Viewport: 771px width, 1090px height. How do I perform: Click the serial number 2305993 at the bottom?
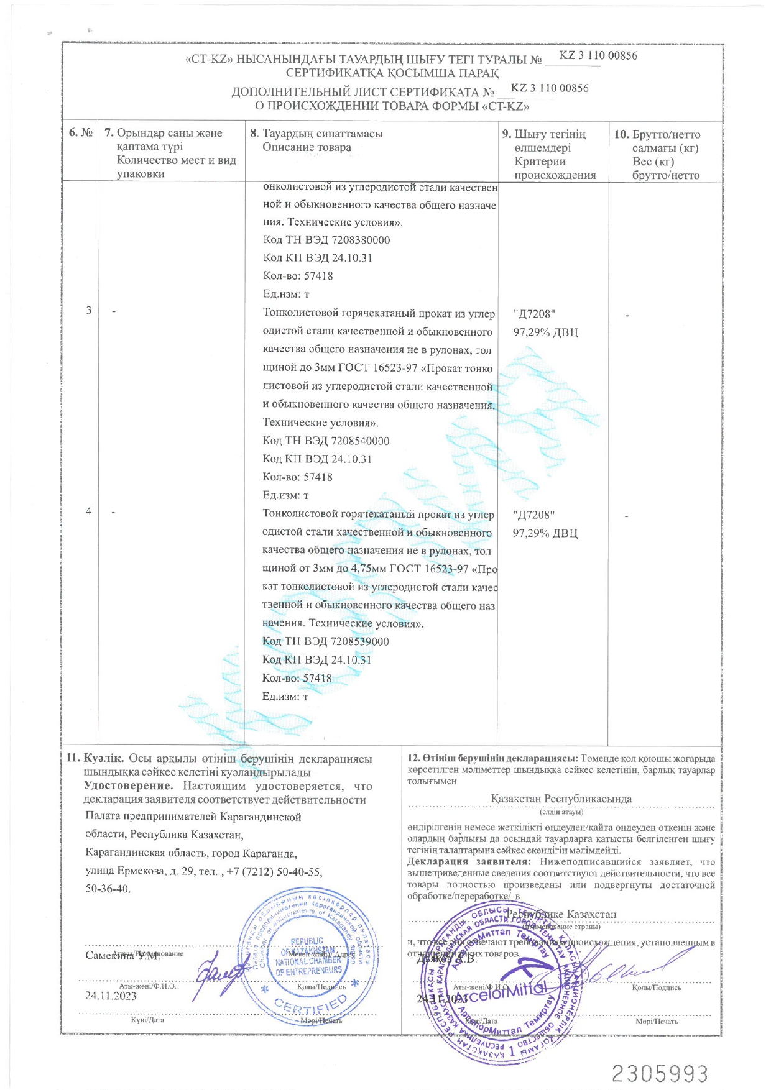click(660, 1073)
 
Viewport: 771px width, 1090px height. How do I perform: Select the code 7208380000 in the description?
click(361, 240)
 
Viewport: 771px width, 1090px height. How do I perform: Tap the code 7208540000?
click(360, 441)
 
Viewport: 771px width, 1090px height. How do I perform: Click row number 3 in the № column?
click(89, 310)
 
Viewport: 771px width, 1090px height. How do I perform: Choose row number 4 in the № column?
click(89, 511)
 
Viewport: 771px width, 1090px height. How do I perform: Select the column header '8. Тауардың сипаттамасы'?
click(316, 134)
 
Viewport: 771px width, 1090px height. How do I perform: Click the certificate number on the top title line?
click(598, 55)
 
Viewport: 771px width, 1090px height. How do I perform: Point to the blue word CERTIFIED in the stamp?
click(311, 1004)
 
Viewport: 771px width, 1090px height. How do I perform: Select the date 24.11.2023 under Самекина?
click(111, 996)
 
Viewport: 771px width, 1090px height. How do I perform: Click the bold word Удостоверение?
click(128, 786)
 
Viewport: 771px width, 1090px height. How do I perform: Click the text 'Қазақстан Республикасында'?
click(561, 799)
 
